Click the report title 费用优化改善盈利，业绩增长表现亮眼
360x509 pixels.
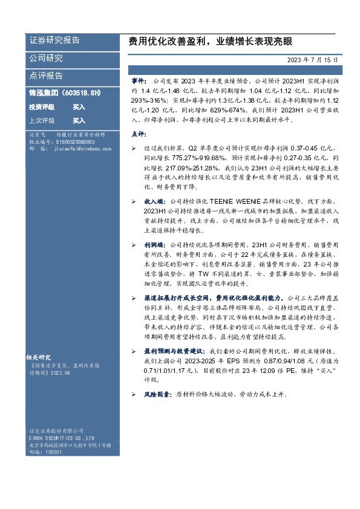(x=211, y=42)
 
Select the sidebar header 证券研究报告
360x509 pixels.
(x=54, y=41)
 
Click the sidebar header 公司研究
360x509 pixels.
(x=46, y=58)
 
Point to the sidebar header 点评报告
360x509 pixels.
(x=46, y=76)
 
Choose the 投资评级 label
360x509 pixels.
(x=42, y=106)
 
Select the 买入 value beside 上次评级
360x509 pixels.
(x=79, y=120)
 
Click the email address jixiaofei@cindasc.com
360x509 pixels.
(x=82, y=148)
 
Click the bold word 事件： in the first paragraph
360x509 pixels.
(x=139, y=80)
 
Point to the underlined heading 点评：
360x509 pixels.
(x=139, y=133)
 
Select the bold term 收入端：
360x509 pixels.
(x=154, y=199)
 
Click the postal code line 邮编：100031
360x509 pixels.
(x=45, y=452)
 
